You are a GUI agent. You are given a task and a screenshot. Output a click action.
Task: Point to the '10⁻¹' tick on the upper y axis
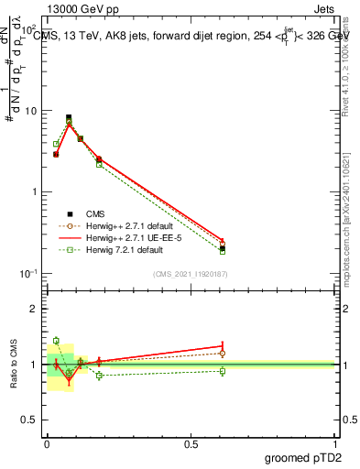27,274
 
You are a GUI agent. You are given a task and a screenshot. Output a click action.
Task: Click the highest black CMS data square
69,117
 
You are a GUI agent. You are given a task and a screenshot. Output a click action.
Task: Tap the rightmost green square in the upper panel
223,251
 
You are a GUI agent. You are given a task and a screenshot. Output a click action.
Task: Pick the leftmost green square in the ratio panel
56,341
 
